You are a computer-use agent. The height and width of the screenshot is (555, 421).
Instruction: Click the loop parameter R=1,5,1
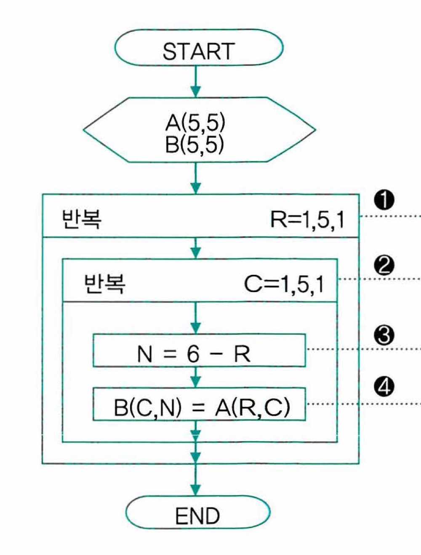(x=307, y=220)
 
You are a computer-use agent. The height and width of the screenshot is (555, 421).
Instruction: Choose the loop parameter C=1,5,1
(x=284, y=284)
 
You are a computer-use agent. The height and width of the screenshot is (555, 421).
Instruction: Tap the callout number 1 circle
(x=384, y=200)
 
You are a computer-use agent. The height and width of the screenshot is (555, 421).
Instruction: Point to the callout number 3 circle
(x=384, y=336)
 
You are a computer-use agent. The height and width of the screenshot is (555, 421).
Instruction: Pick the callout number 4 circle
(x=384, y=387)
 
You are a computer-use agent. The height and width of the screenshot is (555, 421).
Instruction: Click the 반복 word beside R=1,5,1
(x=82, y=219)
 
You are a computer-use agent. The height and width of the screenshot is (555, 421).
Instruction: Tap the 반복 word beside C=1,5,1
(x=104, y=284)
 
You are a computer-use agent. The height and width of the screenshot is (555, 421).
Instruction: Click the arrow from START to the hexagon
(x=196, y=82)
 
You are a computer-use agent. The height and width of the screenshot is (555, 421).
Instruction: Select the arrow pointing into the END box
(x=196, y=480)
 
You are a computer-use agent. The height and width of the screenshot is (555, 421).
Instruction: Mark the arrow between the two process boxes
(x=196, y=377)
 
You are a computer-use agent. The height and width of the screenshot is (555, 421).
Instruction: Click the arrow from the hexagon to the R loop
(x=196, y=178)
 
